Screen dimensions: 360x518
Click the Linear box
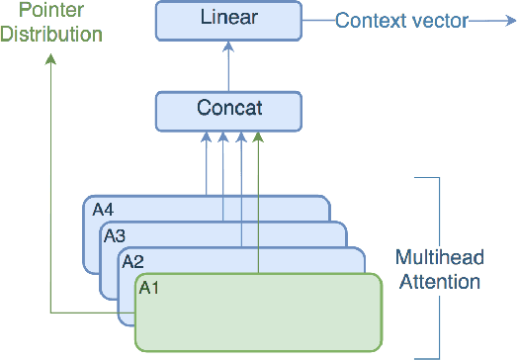click(x=229, y=20)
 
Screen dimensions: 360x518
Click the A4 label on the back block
click(x=104, y=209)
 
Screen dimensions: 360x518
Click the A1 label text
click(x=150, y=288)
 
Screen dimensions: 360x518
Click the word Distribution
click(x=51, y=34)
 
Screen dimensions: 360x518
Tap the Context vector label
click(x=400, y=20)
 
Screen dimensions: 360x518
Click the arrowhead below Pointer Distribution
click(x=50, y=59)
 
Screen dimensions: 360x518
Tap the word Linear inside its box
click(x=229, y=19)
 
